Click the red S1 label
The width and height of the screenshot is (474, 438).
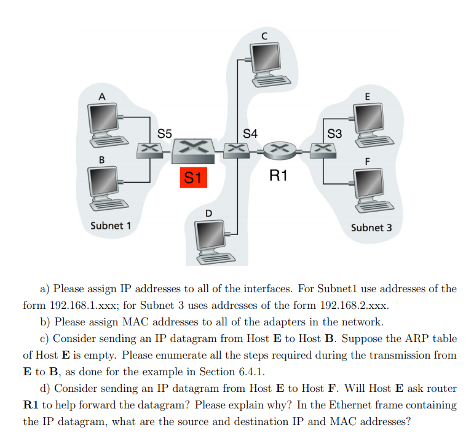pyautogui.click(x=192, y=178)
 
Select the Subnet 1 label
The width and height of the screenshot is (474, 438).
pyautogui.click(x=111, y=225)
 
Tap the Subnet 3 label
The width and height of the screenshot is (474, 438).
pyautogui.click(x=371, y=228)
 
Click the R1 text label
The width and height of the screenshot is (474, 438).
pyautogui.click(x=278, y=177)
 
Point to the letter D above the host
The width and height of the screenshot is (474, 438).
pyautogui.click(x=208, y=213)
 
